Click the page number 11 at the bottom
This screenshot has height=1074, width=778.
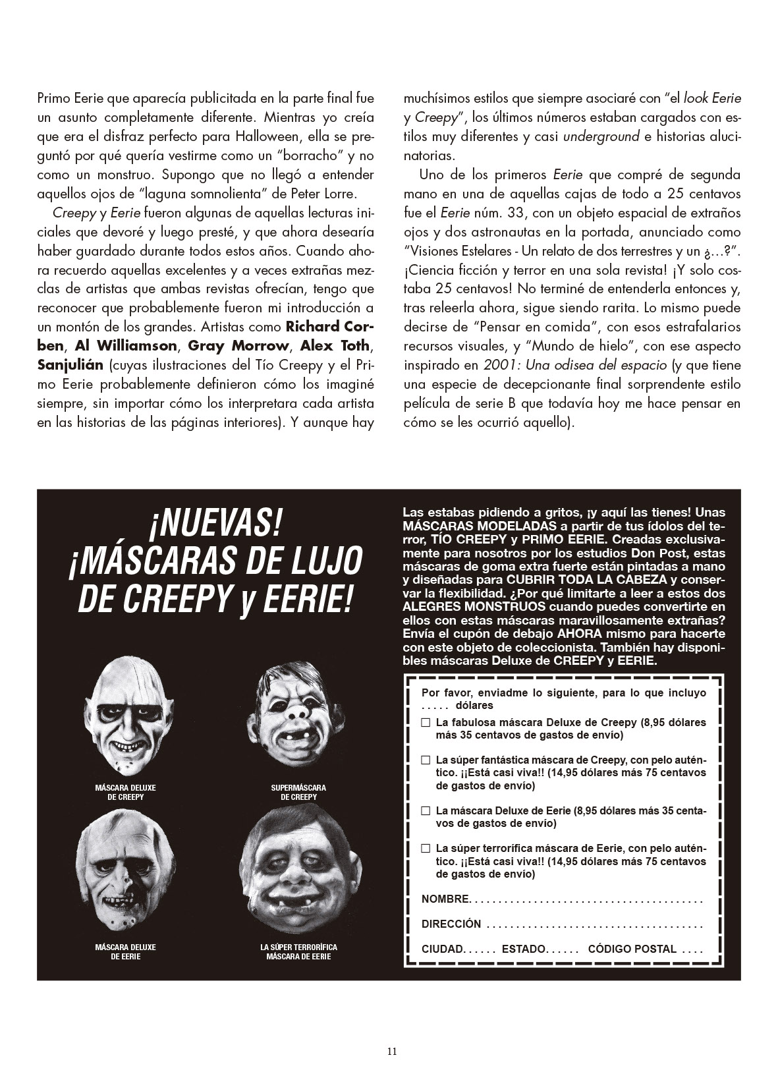coord(392,1052)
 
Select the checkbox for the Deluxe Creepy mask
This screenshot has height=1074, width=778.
coord(426,722)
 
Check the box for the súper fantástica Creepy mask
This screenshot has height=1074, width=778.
coord(426,760)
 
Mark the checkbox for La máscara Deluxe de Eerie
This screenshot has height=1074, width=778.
coord(426,810)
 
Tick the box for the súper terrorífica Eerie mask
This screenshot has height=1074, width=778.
coord(426,849)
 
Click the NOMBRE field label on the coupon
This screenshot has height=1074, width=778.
coord(445,899)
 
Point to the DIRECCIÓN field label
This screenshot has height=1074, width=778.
coord(451,924)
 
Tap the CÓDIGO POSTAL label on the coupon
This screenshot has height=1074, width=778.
coord(632,949)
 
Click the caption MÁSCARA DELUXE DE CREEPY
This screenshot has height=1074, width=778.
coord(125,792)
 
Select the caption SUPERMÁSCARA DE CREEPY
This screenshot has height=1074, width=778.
coord(298,792)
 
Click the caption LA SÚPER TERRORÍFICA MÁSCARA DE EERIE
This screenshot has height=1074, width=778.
coord(298,951)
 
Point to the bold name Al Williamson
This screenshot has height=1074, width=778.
coord(126,346)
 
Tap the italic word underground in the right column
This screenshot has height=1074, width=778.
coord(601,137)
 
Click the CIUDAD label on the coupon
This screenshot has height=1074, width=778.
coord(443,949)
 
